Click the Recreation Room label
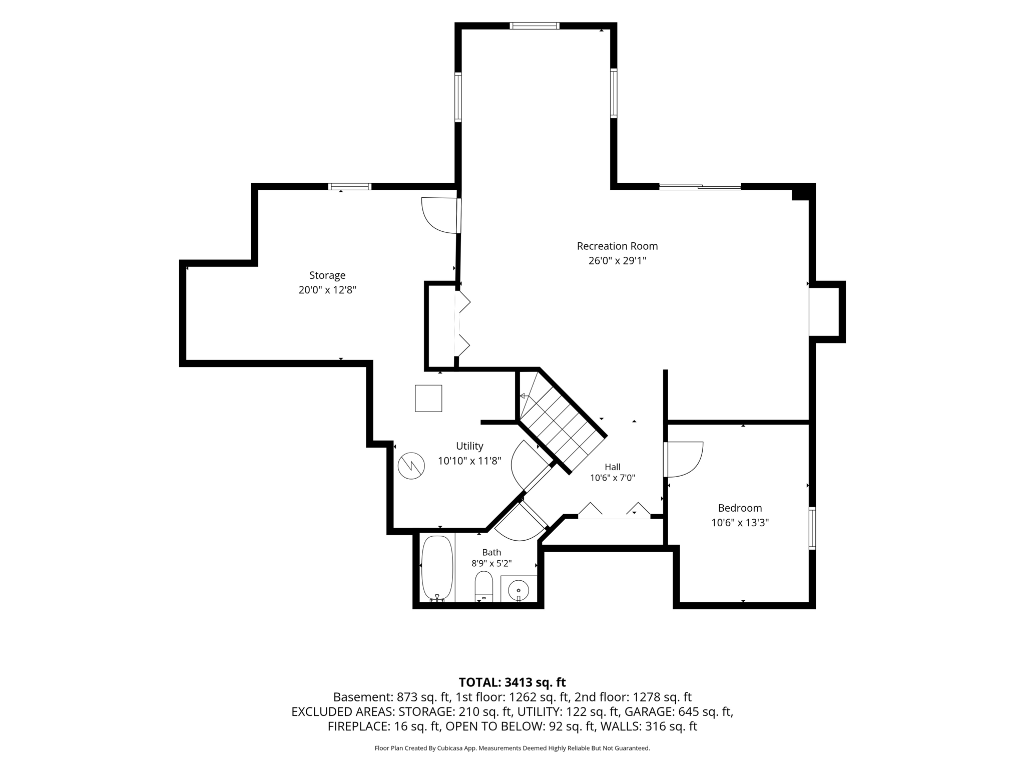click(617, 246)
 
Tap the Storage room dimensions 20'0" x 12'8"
click(327, 290)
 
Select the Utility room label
click(469, 446)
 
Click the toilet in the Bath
click(484, 586)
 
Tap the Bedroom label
click(740, 508)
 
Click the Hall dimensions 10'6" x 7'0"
click(613, 478)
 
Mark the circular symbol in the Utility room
click(411, 466)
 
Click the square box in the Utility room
click(428, 399)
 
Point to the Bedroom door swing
click(684, 460)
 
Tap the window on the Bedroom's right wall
click(812, 528)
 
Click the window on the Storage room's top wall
click(350, 187)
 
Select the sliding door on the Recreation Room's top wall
click(700, 187)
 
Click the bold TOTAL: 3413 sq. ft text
click(512, 682)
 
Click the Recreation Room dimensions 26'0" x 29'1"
click(618, 261)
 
